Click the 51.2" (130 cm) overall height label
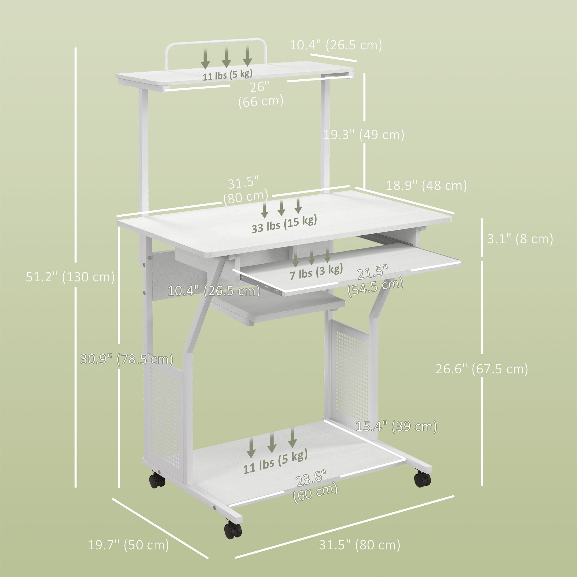(x=70, y=277)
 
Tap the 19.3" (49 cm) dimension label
(x=364, y=135)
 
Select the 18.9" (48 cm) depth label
(x=426, y=186)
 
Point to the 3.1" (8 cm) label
(x=520, y=239)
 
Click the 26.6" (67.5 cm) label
(x=482, y=369)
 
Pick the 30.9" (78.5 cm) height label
(x=127, y=359)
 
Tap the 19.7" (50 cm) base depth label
(x=128, y=545)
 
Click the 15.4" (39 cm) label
(x=396, y=426)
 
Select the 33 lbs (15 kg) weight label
(x=284, y=224)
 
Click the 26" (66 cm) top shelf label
(x=261, y=94)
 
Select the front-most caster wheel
(x=233, y=530)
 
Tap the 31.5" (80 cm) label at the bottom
(x=359, y=545)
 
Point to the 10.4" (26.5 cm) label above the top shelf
(x=336, y=45)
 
